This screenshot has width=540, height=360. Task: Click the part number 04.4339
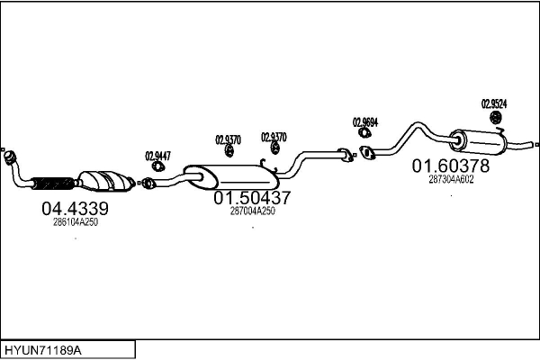[x=75, y=209]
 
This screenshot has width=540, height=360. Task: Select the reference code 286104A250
[x=76, y=221]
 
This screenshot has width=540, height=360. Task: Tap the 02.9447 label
[x=157, y=155]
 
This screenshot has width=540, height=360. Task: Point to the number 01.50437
[x=251, y=198]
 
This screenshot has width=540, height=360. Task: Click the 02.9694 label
[x=365, y=121]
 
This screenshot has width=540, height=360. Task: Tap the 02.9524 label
[x=494, y=103]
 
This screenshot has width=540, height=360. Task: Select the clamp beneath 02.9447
[x=157, y=166]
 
